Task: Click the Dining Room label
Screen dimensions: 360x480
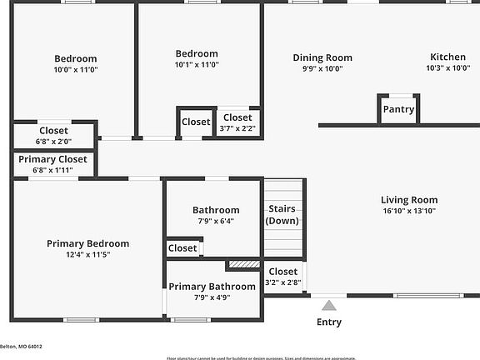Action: [322, 57]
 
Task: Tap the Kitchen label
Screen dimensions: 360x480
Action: [447, 57]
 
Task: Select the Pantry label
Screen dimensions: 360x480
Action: [398, 109]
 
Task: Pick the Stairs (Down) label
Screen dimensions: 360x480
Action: [282, 214]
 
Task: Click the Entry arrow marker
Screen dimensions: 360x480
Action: [330, 305]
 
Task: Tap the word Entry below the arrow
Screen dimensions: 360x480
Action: [329, 322]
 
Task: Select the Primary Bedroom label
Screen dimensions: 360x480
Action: [87, 243]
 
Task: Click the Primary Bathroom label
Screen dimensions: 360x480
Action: [212, 287]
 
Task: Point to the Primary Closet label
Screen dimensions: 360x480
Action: [52, 159]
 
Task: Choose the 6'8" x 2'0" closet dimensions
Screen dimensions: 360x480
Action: [53, 141]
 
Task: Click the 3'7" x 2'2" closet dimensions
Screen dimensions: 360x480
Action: [237, 128]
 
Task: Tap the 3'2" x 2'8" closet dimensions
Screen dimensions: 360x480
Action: [282, 282]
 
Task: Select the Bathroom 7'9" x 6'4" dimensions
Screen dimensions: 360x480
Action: [216, 221]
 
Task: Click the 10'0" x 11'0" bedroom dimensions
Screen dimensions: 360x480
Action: [76, 70]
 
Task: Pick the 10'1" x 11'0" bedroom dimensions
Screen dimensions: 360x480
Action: [197, 65]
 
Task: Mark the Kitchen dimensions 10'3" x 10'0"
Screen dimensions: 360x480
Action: [448, 68]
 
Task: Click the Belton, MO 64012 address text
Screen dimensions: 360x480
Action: [21, 347]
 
